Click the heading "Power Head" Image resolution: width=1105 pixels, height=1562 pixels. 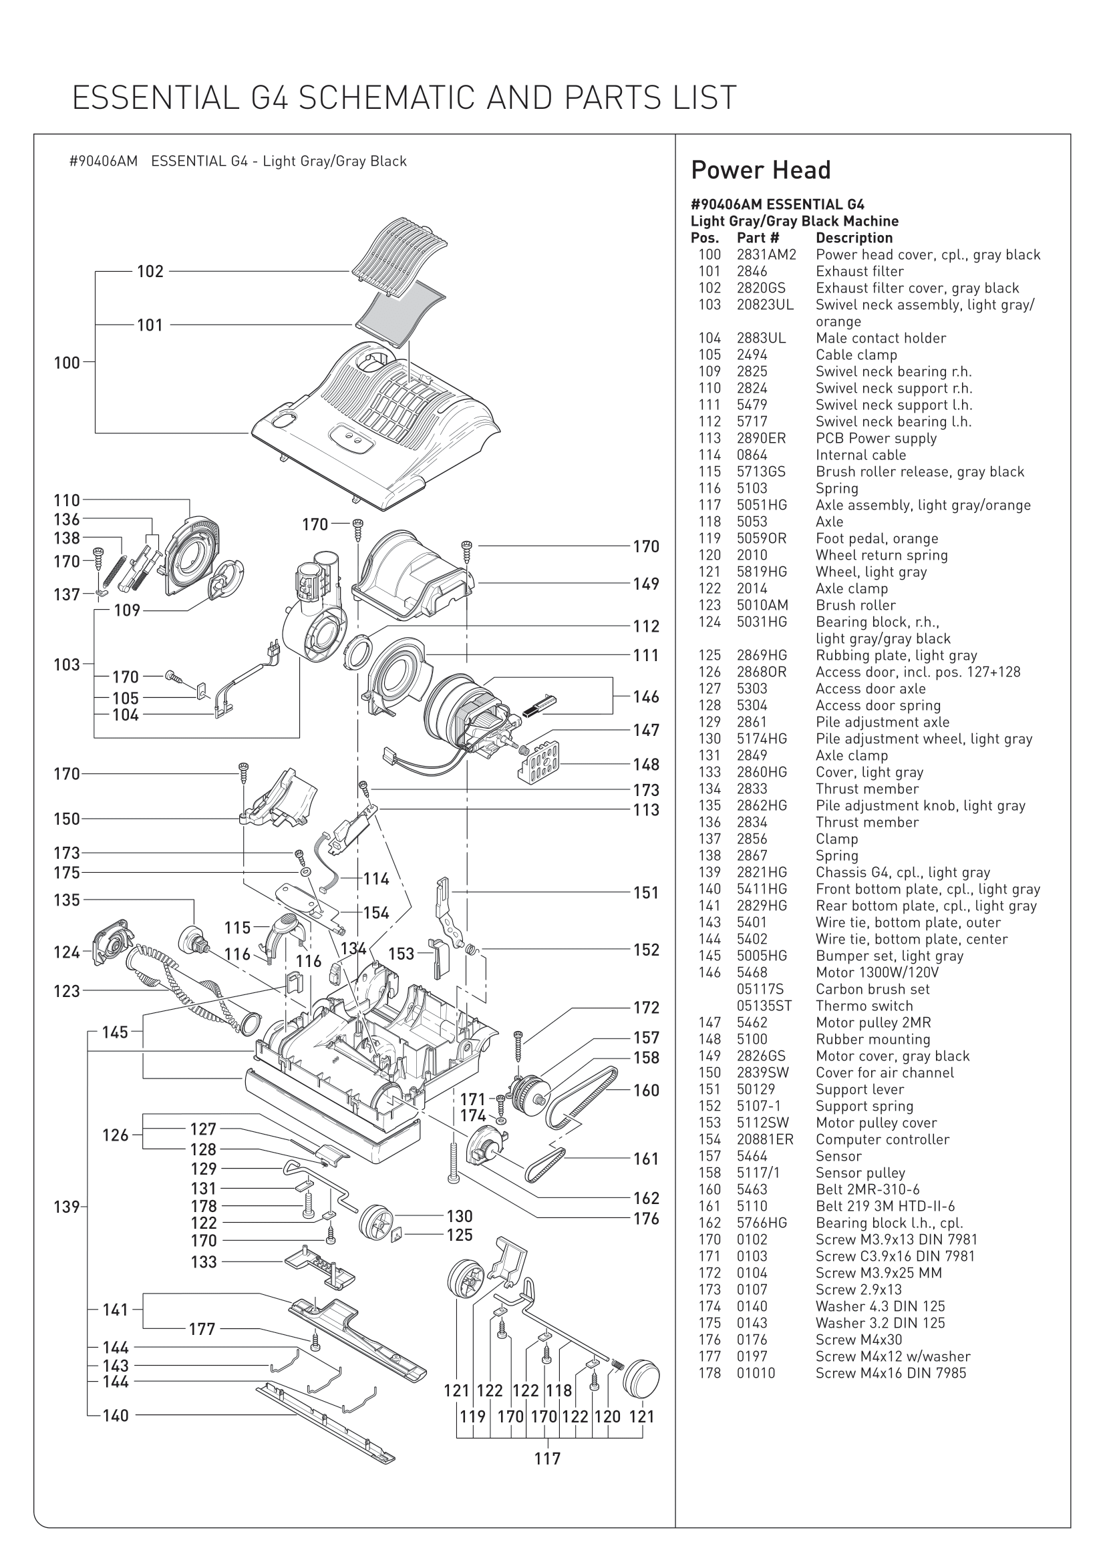[761, 170]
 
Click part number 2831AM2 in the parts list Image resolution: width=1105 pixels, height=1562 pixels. [766, 255]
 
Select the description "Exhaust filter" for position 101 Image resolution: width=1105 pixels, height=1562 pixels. [859, 271]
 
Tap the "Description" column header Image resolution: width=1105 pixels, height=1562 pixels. [854, 238]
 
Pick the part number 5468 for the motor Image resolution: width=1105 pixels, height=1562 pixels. [752, 973]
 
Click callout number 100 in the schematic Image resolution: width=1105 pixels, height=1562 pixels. [67, 363]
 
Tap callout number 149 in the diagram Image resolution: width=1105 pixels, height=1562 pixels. [646, 584]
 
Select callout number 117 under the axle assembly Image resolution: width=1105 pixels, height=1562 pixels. [547, 1458]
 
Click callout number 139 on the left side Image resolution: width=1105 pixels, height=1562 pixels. [67, 1226]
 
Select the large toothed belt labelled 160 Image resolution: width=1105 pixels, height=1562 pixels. [585, 1096]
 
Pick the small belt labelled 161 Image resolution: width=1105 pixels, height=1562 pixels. [544, 1167]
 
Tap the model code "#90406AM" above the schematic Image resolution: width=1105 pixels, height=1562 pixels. [104, 162]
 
